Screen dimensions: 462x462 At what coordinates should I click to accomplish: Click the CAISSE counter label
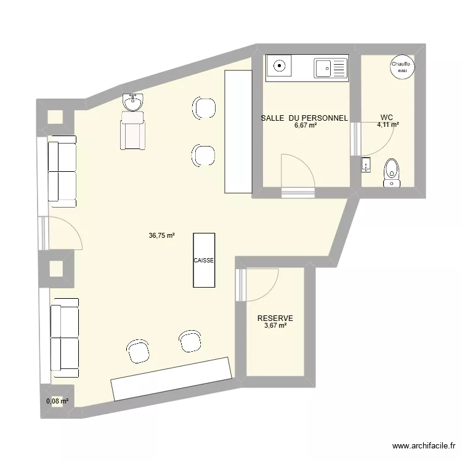coord(204,261)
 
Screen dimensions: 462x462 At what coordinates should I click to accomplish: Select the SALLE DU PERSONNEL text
coord(304,118)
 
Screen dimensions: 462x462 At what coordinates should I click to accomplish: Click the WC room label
coord(386,117)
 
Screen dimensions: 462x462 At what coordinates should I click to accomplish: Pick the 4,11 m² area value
coord(387,125)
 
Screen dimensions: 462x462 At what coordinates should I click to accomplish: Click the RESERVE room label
coord(275,318)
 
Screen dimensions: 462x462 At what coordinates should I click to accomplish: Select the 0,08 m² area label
coord(57,401)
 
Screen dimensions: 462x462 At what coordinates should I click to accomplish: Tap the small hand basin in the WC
coord(366,164)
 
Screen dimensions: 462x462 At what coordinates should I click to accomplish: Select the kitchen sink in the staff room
coord(330,68)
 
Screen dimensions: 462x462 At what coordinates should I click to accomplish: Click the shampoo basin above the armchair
coord(133,102)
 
